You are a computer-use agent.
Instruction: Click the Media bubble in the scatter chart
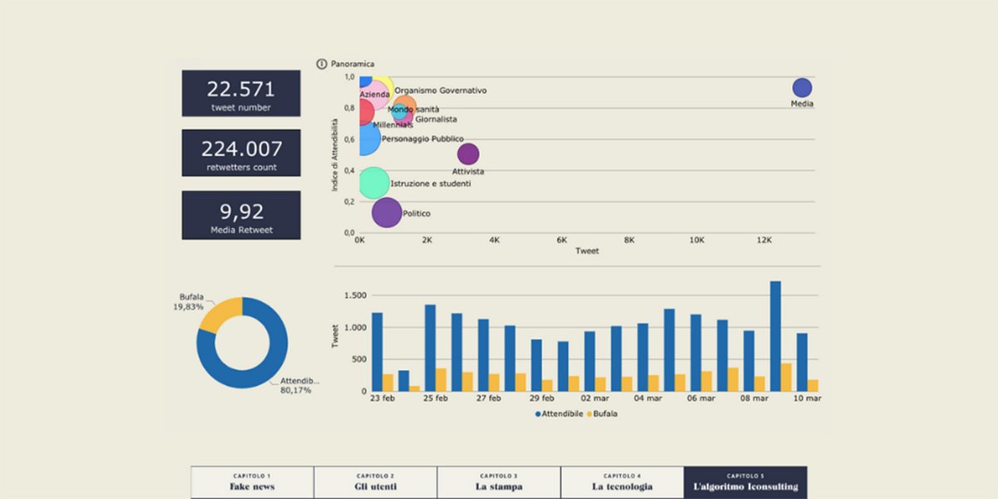point(802,88)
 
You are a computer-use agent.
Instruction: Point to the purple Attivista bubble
point(468,154)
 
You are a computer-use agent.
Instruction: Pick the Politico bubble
point(387,213)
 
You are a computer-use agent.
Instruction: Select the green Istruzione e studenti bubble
point(374,183)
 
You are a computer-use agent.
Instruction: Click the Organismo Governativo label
point(440,91)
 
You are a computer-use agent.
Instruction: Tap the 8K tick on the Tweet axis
point(629,240)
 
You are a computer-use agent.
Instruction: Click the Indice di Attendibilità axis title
point(335,154)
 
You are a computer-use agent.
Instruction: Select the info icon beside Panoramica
point(322,64)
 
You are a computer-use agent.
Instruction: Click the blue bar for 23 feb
point(377,352)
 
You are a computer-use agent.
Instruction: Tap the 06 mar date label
point(701,398)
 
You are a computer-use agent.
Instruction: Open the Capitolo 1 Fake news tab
point(252,482)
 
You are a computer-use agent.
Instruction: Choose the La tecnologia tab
point(622,482)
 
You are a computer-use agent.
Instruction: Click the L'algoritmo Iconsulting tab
point(745,482)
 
